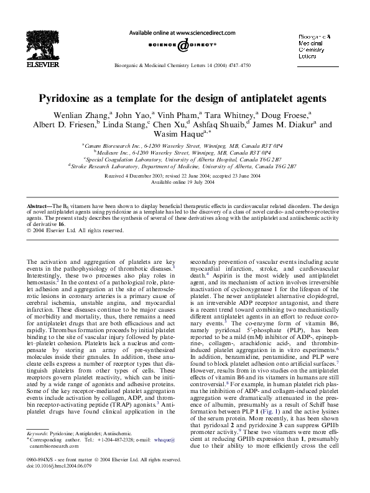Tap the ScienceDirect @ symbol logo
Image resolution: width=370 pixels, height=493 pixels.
(x=185, y=45)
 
